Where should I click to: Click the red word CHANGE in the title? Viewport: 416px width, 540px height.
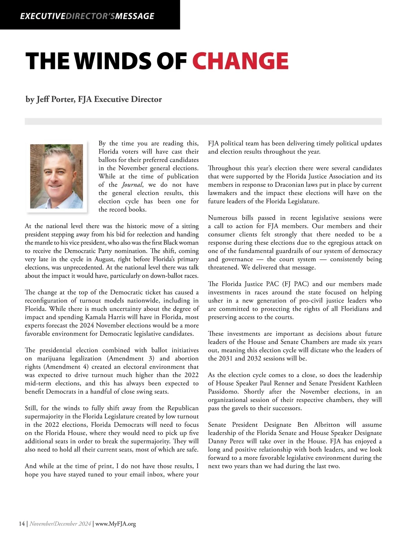point(240,61)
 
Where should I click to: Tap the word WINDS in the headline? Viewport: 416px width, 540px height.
point(113,61)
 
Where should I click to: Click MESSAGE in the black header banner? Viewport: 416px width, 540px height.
point(135,16)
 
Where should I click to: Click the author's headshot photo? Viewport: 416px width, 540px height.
point(57,176)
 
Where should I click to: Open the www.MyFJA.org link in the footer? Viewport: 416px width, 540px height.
point(115,524)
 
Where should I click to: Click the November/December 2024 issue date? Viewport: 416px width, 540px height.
point(60,524)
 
